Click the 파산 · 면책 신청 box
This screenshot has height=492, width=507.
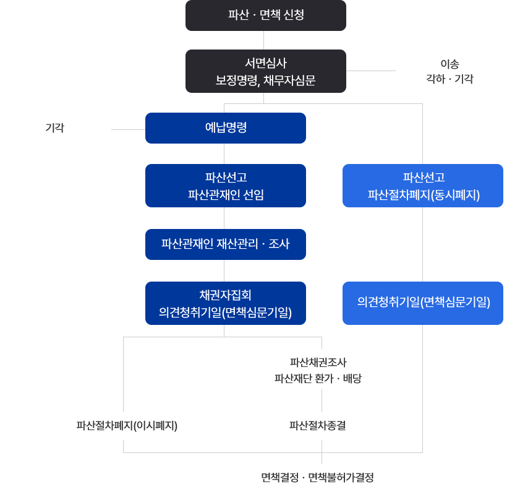coord(266,15)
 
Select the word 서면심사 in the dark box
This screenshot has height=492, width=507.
coord(266,63)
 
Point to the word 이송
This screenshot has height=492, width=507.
coord(449,64)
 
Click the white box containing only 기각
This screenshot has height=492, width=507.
coord(55,128)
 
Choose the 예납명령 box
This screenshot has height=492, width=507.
coord(226,128)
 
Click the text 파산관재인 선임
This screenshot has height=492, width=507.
coord(226,194)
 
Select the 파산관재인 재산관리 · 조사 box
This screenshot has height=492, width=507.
coord(226,244)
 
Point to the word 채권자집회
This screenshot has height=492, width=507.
coord(226,295)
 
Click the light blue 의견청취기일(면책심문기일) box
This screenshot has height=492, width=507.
coord(423,303)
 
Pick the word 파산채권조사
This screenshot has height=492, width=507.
coord(318,362)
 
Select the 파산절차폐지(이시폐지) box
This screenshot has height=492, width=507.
coord(126,426)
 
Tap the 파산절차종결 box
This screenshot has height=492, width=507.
coord(318,426)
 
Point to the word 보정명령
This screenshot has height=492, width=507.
coord(236,80)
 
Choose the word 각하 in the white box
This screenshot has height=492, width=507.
coord(435,79)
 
